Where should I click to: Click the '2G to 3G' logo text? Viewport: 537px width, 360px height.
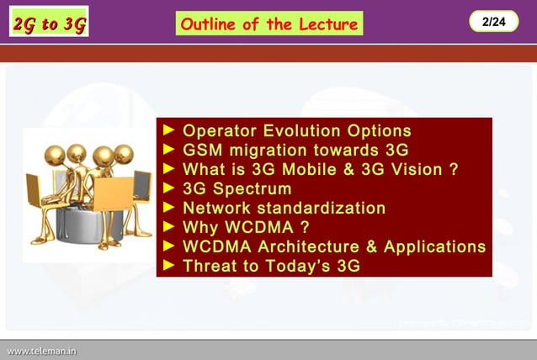tap(50, 24)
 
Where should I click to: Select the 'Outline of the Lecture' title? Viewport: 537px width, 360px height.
tap(269, 24)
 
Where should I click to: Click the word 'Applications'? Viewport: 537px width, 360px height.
tap(435, 247)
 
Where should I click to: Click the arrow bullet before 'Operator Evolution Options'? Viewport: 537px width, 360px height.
tap(168, 131)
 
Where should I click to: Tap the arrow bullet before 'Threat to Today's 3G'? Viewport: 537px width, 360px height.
tap(168, 267)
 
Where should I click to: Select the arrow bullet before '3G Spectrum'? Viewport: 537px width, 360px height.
tap(168, 189)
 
